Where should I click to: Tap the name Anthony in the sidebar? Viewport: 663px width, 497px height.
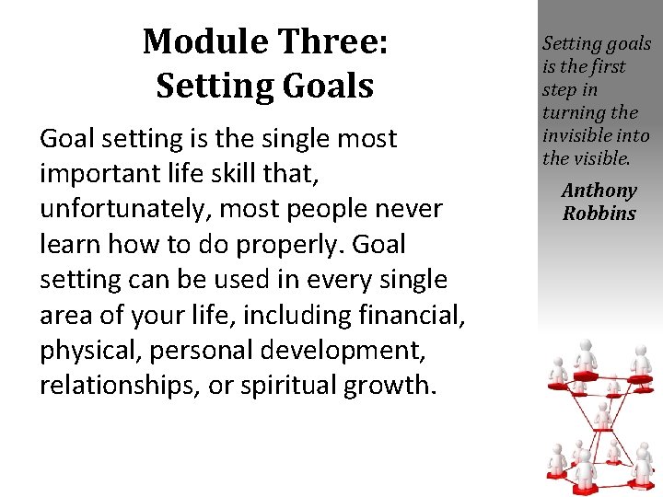(x=599, y=191)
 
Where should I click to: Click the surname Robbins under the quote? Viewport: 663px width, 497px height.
(x=599, y=214)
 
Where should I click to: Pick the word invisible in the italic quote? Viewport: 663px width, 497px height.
(x=578, y=136)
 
